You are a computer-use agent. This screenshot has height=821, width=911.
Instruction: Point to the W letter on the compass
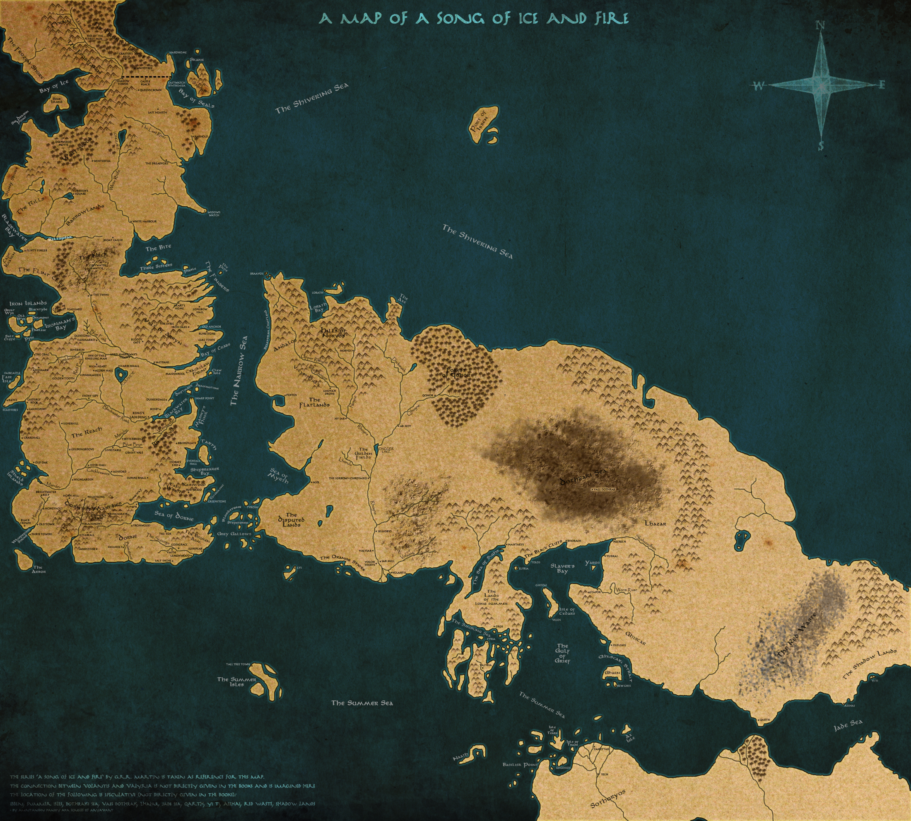coord(759,86)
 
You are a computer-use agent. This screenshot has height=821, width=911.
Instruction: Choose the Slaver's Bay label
coord(562,568)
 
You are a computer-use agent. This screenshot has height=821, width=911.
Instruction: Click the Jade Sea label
coord(848,725)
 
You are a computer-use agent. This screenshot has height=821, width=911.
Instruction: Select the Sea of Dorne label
coord(174,516)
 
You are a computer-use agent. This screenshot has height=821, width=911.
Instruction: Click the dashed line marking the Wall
coord(147,77)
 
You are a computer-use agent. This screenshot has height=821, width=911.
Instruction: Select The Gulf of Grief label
coord(562,653)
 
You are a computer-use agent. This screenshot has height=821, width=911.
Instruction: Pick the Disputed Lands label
coord(292,520)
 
